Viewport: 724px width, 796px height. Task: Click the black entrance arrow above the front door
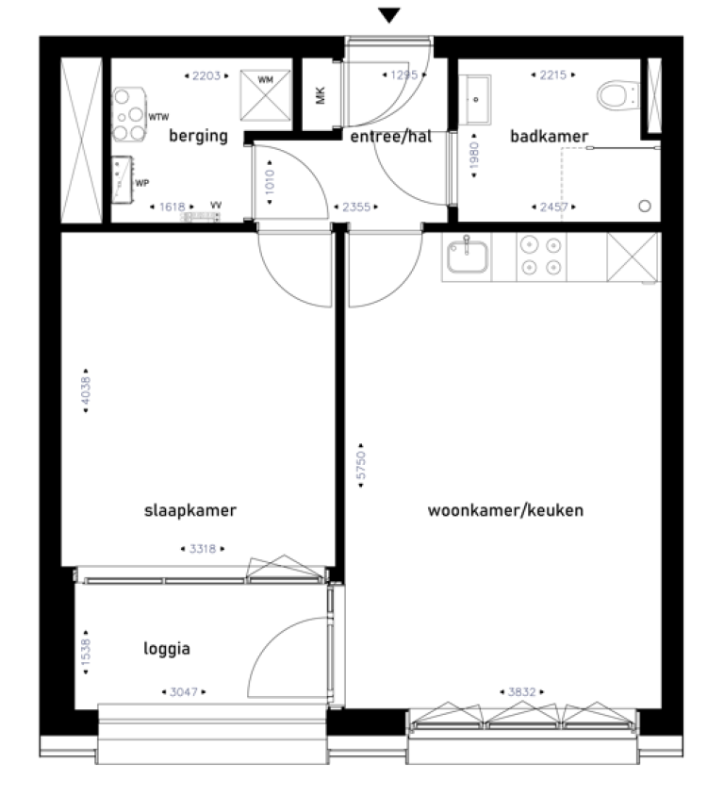click(x=389, y=14)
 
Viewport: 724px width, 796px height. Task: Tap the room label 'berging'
click(x=198, y=136)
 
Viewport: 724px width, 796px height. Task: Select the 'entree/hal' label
click(x=390, y=136)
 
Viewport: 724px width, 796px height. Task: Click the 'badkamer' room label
click(x=549, y=136)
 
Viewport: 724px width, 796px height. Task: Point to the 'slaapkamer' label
click(x=189, y=510)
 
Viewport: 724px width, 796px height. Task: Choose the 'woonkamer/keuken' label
click(x=505, y=510)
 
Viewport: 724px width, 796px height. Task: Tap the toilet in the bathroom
click(x=615, y=94)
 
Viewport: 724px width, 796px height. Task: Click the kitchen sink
click(x=468, y=256)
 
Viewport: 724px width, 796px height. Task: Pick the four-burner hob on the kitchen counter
click(x=541, y=256)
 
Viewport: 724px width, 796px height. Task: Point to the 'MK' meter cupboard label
click(x=321, y=95)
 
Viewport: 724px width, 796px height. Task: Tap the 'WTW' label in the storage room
click(x=158, y=117)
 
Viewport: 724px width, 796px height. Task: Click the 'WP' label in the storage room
click(x=141, y=183)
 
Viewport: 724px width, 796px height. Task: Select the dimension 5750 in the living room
click(x=361, y=466)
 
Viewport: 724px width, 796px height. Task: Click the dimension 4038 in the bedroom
click(x=87, y=393)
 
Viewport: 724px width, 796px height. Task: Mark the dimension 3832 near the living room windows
click(x=521, y=691)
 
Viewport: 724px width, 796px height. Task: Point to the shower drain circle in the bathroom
click(x=646, y=206)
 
